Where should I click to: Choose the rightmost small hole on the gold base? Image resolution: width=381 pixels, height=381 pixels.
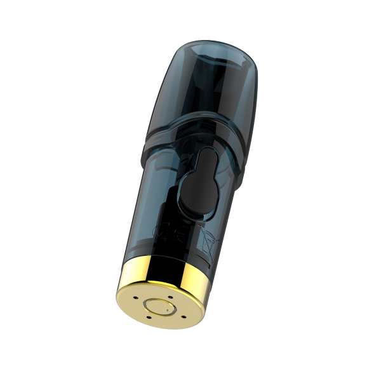pos(184,312)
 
